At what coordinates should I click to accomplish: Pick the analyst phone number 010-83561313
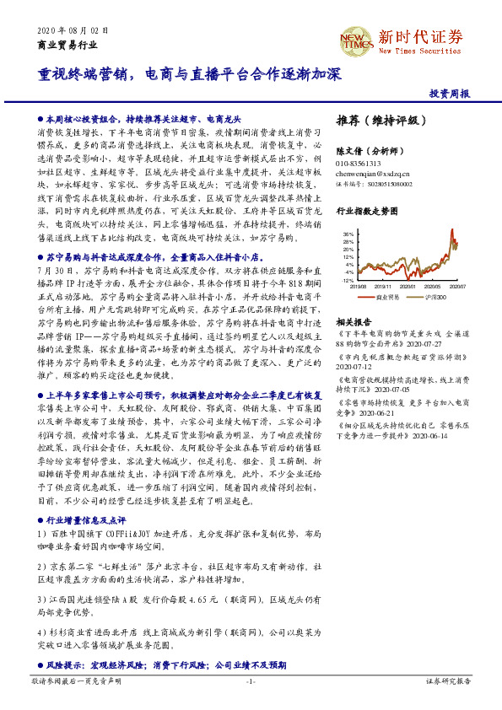359,163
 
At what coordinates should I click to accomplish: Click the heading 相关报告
353,323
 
